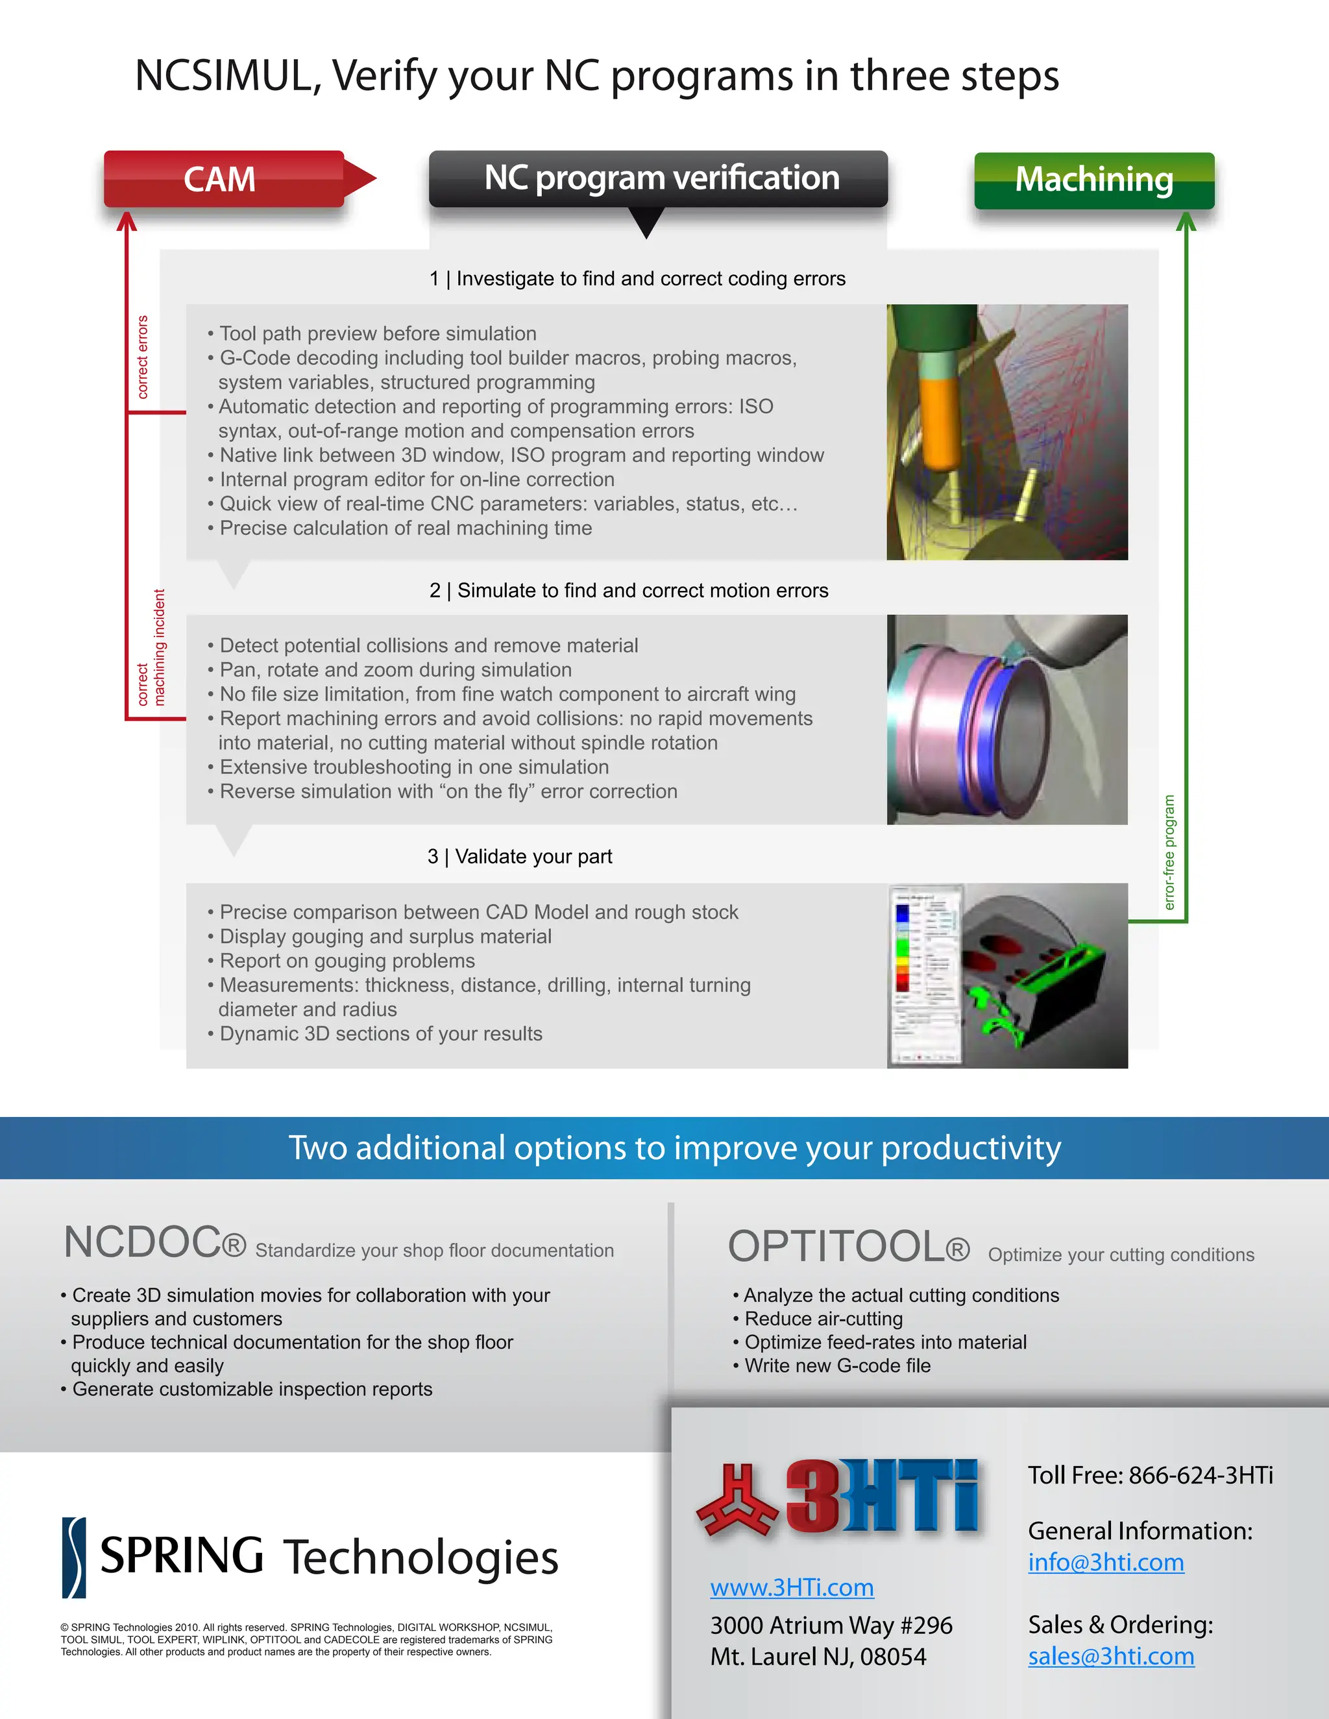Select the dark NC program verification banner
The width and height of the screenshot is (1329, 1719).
click(658, 178)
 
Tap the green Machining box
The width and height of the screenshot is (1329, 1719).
click(1093, 180)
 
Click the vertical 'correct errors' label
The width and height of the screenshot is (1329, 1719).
click(143, 357)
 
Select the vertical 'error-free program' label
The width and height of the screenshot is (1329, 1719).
click(1169, 852)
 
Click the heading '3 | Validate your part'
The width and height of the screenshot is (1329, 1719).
click(520, 856)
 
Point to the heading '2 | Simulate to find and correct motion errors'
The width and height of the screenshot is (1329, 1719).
click(628, 590)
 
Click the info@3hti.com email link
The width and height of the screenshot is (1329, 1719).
click(1105, 1563)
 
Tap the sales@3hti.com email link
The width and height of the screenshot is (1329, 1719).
click(1110, 1656)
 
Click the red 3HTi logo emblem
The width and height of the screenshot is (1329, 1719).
click(736, 1499)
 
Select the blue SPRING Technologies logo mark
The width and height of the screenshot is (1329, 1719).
click(74, 1557)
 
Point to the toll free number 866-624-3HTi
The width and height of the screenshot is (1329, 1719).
click(1200, 1475)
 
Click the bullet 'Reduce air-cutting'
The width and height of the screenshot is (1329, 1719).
click(823, 1318)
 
